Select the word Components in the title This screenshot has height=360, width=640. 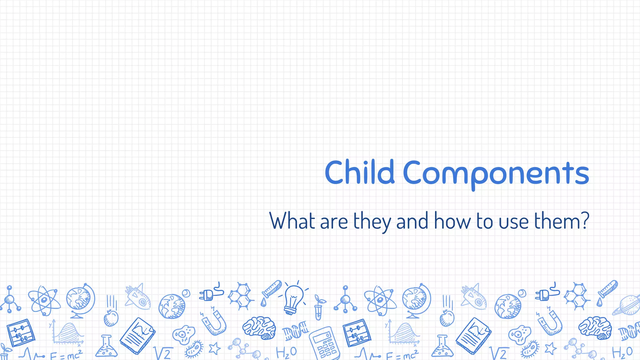click(496, 173)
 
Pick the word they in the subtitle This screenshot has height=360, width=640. click(372, 222)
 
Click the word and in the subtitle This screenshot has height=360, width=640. click(412, 221)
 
